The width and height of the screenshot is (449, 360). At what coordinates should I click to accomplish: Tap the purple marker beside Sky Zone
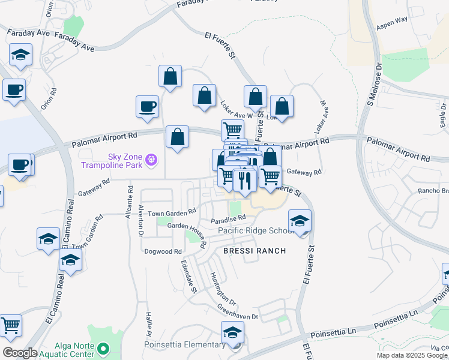[152, 159]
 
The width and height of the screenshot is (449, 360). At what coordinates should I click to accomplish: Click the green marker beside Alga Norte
[103, 348]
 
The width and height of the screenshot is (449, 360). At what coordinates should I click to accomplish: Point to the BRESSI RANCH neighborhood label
[255, 250]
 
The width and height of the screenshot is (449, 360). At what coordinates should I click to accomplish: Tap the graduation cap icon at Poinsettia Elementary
[233, 332]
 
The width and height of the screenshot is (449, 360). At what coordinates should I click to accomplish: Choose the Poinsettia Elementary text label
[184, 345]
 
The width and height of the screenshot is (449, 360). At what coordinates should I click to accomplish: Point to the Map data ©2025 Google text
[412, 355]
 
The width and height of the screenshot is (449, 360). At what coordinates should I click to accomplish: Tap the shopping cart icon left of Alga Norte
[10, 325]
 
